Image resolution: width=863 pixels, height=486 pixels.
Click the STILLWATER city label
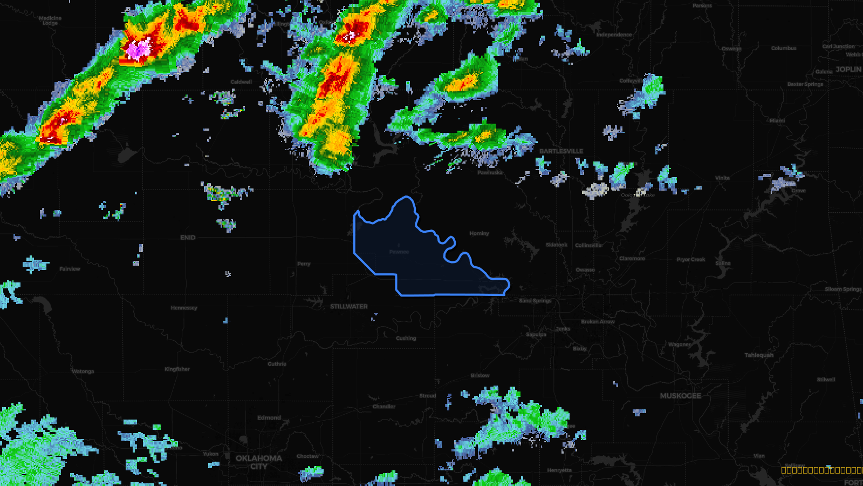349,307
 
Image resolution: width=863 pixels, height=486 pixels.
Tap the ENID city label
188,238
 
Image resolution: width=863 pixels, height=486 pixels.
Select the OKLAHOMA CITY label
259,462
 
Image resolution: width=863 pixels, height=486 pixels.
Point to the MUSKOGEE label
681,396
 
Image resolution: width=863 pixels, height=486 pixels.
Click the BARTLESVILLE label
561,151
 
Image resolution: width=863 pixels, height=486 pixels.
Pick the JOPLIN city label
848,69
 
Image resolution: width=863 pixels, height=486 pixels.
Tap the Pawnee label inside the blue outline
399,252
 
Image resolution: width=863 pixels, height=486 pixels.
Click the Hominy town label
479,233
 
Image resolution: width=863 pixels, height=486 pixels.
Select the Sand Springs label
535,301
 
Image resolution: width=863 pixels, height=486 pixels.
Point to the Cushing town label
406,339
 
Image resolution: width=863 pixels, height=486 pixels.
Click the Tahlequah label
759,355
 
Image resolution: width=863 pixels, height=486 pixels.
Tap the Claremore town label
632,259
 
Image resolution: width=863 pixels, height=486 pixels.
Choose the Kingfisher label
177,369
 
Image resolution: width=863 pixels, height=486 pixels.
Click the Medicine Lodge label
50,21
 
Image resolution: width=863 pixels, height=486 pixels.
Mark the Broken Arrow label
598,322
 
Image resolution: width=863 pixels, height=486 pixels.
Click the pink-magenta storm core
138,50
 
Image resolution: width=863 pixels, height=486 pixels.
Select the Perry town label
304,264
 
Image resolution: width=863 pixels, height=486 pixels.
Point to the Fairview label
70,269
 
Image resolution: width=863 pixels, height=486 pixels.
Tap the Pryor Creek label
691,260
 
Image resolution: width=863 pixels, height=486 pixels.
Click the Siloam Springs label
843,289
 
